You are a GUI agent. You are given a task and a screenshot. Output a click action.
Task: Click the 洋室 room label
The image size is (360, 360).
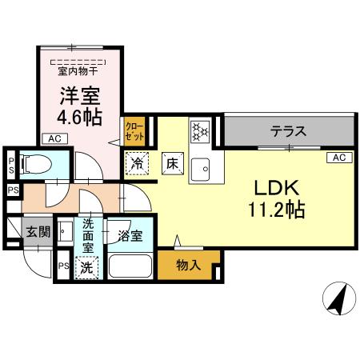(x=81, y=94)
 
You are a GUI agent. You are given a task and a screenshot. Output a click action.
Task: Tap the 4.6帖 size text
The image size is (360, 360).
(x=81, y=117)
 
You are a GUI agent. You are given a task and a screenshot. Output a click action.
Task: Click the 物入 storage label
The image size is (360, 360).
(x=188, y=265)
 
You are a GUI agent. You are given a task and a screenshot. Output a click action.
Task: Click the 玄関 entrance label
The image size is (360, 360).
(x=36, y=233)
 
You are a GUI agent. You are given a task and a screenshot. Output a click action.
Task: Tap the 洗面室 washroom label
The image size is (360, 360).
(x=89, y=237)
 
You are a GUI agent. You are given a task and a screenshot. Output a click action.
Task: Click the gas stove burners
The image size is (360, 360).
(x=199, y=130)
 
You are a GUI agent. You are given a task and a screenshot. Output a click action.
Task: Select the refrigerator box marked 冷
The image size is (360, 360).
(x=137, y=162)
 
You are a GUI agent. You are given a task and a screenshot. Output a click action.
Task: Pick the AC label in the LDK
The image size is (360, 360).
(x=336, y=158)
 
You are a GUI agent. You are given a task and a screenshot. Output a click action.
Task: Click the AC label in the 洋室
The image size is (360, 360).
(x=54, y=139)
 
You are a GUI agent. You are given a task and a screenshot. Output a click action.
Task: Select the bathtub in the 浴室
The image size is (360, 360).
(x=130, y=266)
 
